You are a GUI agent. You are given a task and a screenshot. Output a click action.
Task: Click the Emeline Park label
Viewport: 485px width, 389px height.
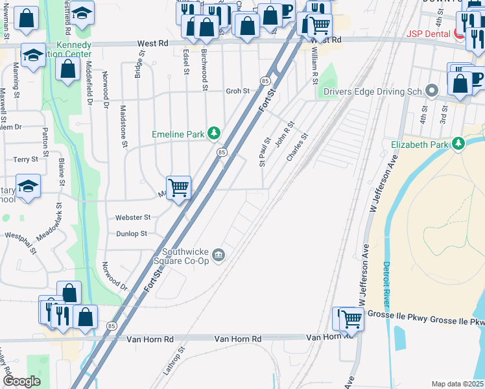178,134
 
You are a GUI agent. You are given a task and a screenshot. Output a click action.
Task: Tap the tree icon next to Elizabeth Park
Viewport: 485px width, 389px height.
459,143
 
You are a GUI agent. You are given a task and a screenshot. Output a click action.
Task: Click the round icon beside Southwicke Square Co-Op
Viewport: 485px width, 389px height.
219,253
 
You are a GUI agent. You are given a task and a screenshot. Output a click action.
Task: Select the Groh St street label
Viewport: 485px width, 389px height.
237,91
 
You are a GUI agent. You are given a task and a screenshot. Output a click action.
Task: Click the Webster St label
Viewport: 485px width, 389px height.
133,218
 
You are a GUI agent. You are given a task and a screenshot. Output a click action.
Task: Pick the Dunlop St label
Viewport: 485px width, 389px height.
132,233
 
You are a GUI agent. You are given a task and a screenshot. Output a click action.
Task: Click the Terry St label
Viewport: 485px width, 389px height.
25,159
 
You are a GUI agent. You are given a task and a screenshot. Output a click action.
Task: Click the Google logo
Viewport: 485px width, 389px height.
21,381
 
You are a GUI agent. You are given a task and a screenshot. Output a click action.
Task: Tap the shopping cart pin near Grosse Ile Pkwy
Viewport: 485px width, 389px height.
351,318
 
